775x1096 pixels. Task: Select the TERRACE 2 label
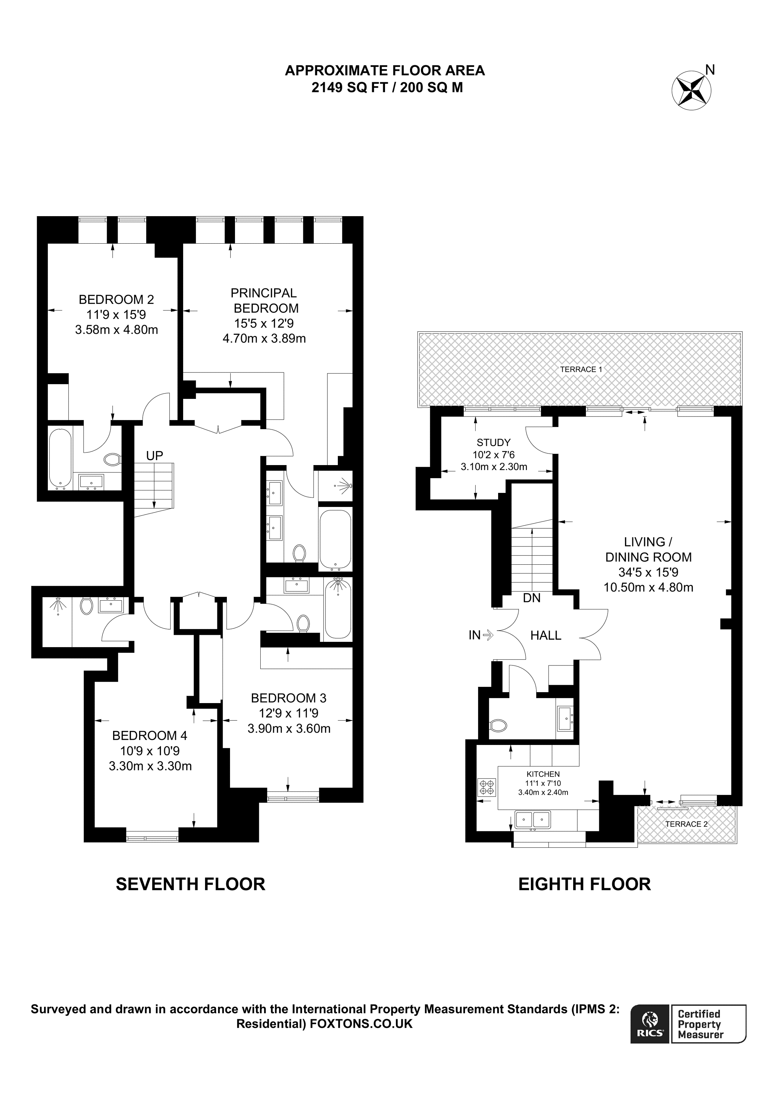[x=686, y=825]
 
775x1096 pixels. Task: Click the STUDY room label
[x=493, y=443]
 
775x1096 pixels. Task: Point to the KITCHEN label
[x=543, y=774]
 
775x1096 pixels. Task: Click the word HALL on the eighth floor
[x=546, y=635]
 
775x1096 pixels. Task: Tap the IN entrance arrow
[x=488, y=635]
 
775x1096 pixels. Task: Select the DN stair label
[x=532, y=598]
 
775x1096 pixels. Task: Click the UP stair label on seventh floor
[x=155, y=456]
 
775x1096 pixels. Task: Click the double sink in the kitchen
[x=532, y=820]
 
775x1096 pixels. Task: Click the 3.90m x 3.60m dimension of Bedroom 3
[x=289, y=729]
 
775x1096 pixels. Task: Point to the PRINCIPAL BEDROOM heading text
[x=265, y=301]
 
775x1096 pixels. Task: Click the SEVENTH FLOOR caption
[x=191, y=884]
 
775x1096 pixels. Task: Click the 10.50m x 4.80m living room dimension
[x=649, y=588]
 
